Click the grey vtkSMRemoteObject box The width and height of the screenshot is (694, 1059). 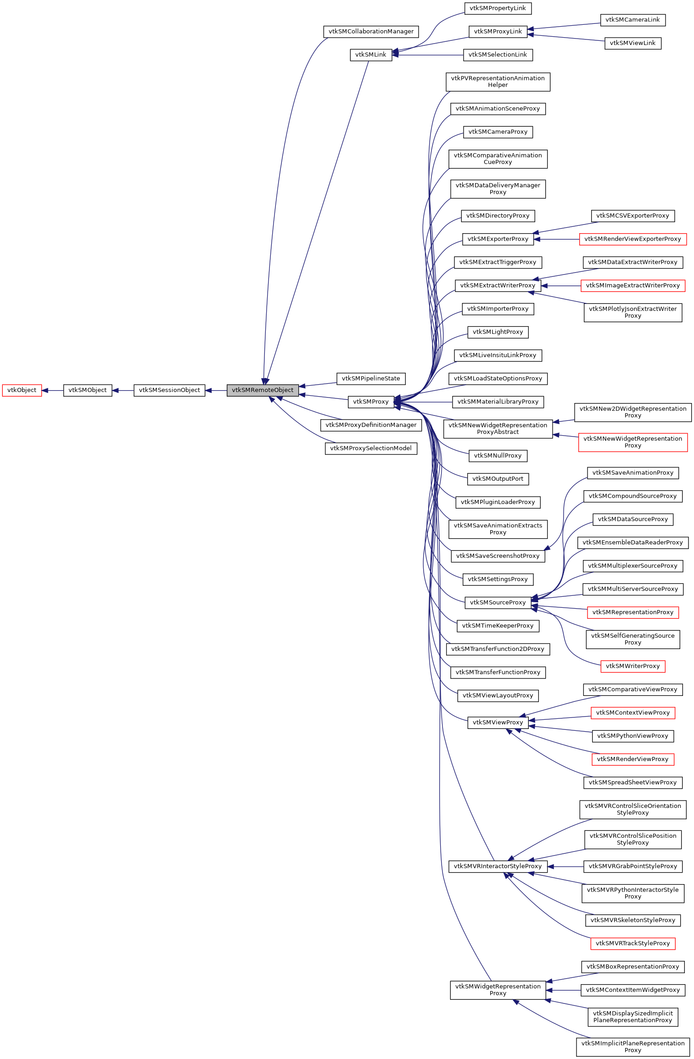click(x=263, y=390)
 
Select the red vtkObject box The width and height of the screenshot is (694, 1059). click(x=22, y=390)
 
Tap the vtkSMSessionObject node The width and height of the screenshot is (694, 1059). click(x=169, y=390)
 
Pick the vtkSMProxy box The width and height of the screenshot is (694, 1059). click(x=371, y=402)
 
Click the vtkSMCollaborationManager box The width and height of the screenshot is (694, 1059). click(x=371, y=32)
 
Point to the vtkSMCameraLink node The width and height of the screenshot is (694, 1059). click(x=632, y=20)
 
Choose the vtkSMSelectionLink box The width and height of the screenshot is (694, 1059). click(x=498, y=55)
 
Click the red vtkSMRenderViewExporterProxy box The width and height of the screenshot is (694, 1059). click(x=632, y=239)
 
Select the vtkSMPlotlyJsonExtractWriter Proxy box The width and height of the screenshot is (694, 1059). click(x=632, y=312)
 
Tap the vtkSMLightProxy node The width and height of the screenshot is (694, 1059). click(x=498, y=332)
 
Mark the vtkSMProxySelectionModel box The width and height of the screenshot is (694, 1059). click(x=371, y=448)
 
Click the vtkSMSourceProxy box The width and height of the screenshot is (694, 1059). click(x=498, y=603)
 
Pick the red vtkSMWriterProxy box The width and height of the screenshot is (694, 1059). click(x=632, y=666)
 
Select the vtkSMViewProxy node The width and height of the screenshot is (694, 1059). click(x=498, y=723)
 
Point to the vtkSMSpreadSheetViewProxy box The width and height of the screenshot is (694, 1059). click(x=632, y=783)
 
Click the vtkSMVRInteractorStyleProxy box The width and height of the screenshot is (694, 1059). click(x=498, y=866)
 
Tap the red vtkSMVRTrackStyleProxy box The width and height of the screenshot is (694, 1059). click(x=632, y=943)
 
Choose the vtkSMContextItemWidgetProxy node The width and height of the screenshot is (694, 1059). click(x=632, y=990)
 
